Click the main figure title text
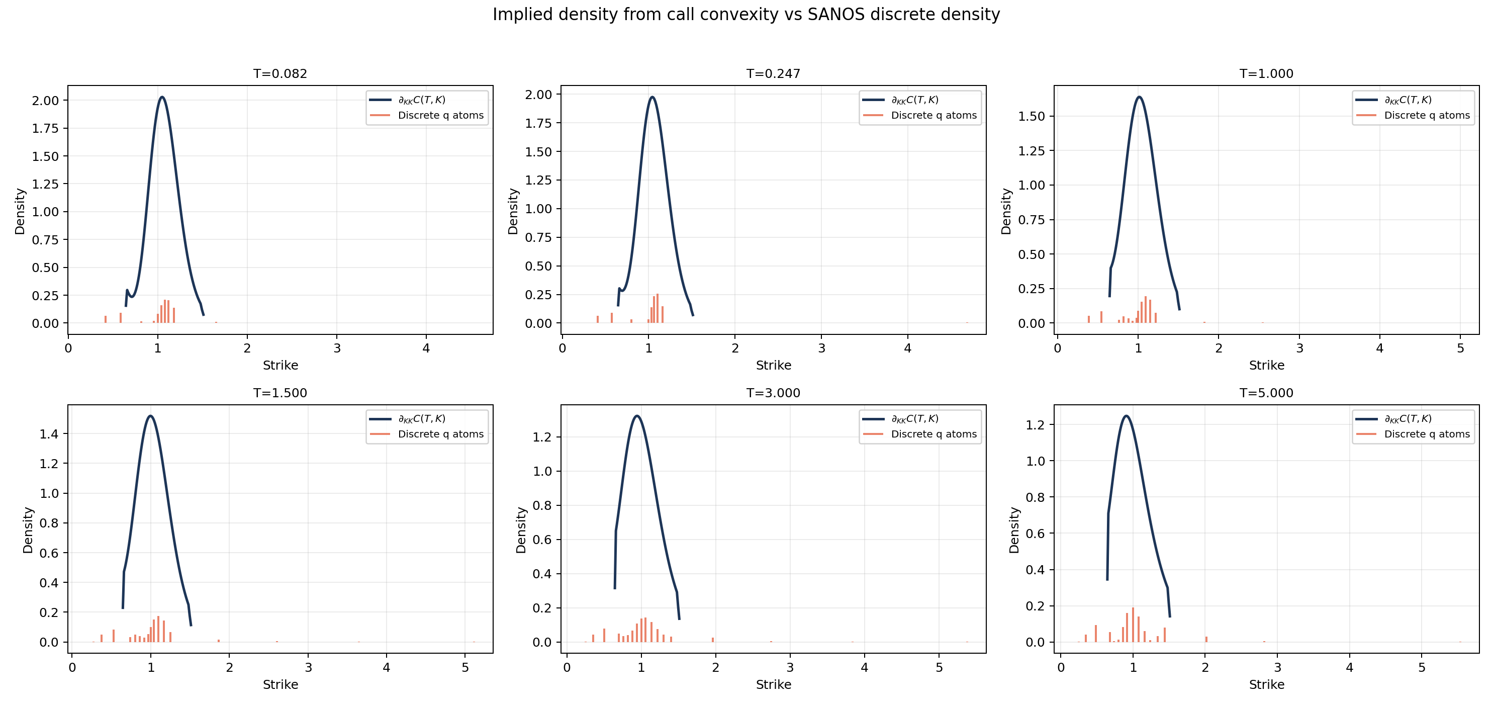[x=746, y=15]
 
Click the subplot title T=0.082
[x=280, y=73]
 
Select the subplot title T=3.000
[x=773, y=393]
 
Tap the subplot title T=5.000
[x=1266, y=393]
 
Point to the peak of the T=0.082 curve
[x=162, y=97]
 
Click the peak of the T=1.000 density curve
[x=1140, y=97]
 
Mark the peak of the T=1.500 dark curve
[x=150, y=415]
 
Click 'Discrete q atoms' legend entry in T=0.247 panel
[x=934, y=115]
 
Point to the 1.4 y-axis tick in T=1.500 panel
[x=49, y=433]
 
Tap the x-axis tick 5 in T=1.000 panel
[x=1460, y=348]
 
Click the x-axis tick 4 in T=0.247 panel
[x=908, y=348]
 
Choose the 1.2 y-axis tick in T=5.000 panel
[x=1035, y=425]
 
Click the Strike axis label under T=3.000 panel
[x=773, y=684]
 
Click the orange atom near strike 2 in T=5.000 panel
[x=1206, y=639]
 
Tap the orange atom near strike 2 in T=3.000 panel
[x=713, y=639]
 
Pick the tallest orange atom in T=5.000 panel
[x=1133, y=625]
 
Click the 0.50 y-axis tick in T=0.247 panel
[x=538, y=266]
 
